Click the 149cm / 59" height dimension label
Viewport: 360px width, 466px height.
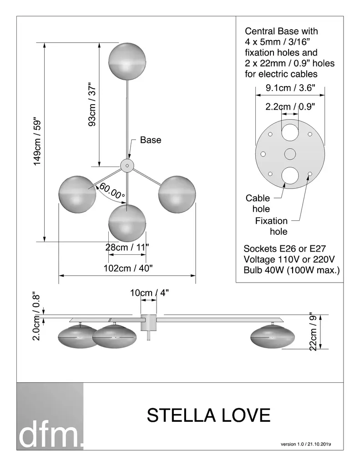point(37,142)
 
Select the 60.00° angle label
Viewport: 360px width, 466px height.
point(112,191)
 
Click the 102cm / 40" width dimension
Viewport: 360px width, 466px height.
point(128,268)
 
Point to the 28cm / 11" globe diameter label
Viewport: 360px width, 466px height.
point(127,247)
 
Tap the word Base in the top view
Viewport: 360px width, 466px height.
point(151,140)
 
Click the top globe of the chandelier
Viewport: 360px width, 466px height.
point(127,61)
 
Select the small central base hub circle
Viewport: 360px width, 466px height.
point(127,166)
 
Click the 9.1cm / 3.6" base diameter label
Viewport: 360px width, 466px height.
point(290,88)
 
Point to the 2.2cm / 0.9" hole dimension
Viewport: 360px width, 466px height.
point(290,106)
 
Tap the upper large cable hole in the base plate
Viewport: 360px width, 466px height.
point(290,132)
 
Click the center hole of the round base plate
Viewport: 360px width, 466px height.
point(290,154)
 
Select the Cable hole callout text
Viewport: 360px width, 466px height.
point(258,203)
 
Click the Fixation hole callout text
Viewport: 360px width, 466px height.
point(271,226)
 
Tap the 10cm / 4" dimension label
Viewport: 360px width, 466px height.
point(149,293)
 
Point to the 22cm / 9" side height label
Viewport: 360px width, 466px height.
point(313,331)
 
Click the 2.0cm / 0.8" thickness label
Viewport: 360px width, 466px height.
point(36,317)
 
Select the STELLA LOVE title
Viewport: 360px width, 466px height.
point(208,415)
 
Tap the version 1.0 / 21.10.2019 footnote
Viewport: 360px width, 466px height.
point(306,444)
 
